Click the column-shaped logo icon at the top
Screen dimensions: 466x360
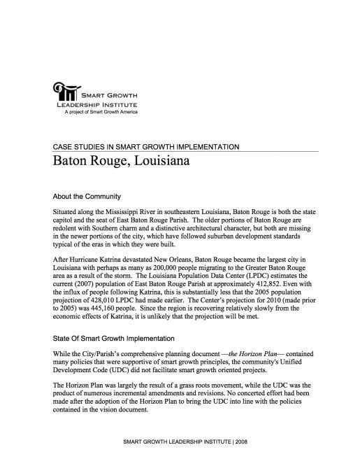[x=65, y=92]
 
